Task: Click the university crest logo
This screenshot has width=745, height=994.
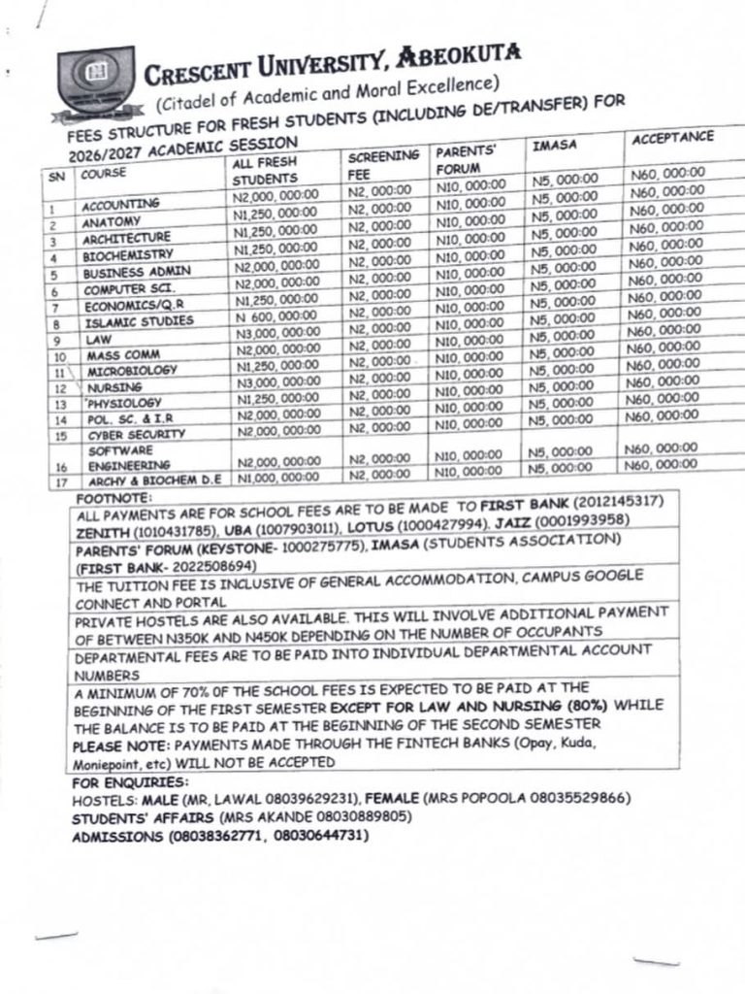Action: coord(96,81)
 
